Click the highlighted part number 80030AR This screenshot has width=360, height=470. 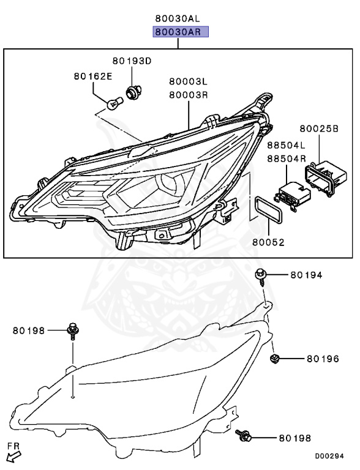181,32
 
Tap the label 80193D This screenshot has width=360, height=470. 131,61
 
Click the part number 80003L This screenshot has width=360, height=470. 189,81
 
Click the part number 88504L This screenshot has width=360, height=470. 286,145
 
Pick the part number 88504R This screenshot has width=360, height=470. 286,158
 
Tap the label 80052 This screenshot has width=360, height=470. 268,242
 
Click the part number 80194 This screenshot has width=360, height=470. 306,275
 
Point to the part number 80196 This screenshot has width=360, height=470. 323,359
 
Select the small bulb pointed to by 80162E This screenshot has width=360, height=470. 112,105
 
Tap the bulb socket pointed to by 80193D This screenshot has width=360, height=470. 132,92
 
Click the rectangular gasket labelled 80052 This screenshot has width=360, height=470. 268,211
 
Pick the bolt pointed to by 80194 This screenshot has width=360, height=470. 262,277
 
